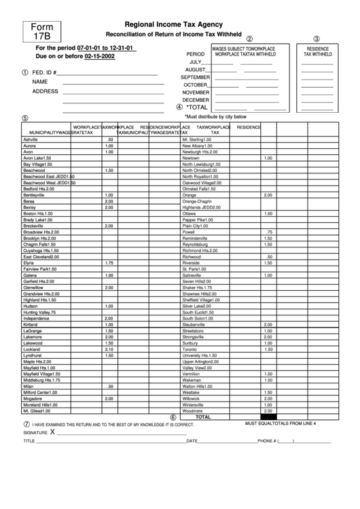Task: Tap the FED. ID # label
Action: click(43, 73)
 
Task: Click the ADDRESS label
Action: click(45, 91)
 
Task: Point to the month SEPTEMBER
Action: click(195, 77)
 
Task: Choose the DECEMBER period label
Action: click(196, 99)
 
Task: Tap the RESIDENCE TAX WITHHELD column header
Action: click(317, 52)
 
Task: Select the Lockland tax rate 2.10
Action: click(109, 349)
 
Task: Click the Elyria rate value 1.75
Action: click(109, 262)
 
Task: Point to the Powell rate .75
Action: click(268, 232)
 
